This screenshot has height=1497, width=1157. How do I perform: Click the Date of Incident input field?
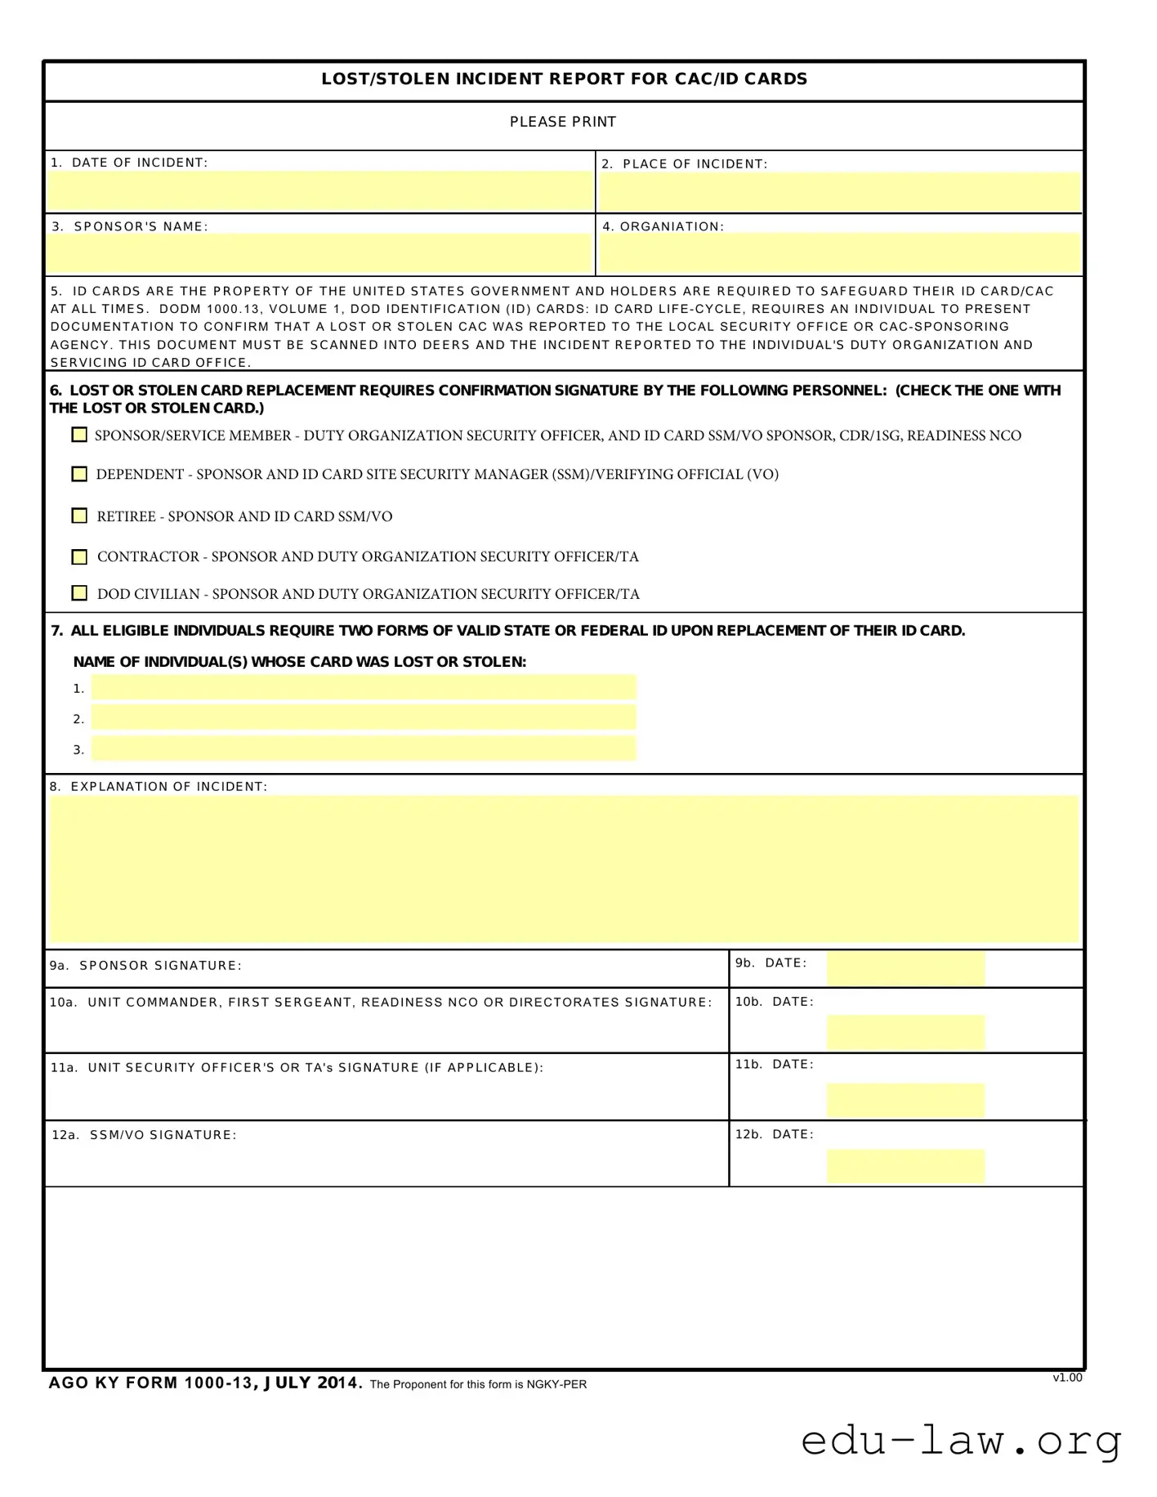click(x=319, y=190)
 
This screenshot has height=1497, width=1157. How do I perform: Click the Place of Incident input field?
click(x=839, y=192)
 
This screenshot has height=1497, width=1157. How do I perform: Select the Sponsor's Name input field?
click(x=319, y=252)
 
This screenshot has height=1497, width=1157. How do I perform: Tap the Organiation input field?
click(x=839, y=252)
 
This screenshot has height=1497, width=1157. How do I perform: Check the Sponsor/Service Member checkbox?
click(x=79, y=435)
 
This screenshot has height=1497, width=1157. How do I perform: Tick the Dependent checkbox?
click(x=79, y=474)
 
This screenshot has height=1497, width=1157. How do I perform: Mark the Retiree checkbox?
click(x=79, y=516)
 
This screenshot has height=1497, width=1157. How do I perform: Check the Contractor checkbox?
click(x=79, y=556)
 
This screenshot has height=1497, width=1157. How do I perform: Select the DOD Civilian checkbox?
click(x=79, y=593)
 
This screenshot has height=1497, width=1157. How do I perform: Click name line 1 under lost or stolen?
click(x=364, y=687)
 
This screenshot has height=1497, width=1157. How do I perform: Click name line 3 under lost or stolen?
click(x=364, y=748)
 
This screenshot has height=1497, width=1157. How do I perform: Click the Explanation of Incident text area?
click(x=564, y=869)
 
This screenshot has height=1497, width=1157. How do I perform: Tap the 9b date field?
click(x=905, y=968)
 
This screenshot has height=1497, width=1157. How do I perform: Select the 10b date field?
click(x=905, y=1033)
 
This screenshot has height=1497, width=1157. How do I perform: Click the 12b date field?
click(x=905, y=1166)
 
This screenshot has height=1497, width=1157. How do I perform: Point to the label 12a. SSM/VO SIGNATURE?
click(x=144, y=1135)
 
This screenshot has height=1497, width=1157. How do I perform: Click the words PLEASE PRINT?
click(x=563, y=122)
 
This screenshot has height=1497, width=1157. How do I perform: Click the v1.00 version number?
click(x=1067, y=1378)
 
